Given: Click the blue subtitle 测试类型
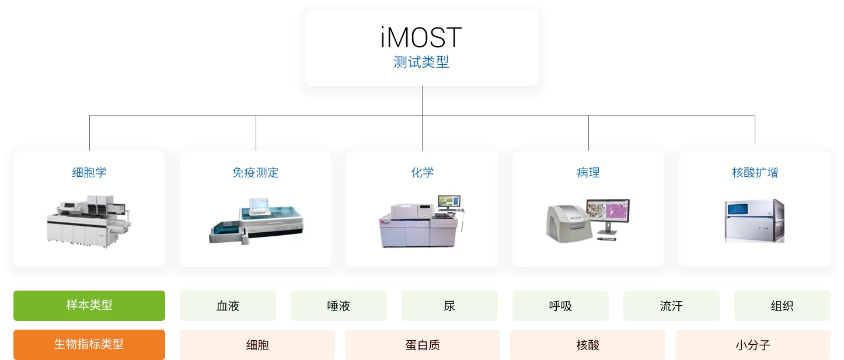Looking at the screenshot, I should (421, 62).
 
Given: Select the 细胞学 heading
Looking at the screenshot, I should (89, 173).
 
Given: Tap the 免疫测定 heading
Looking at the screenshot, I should (256, 173).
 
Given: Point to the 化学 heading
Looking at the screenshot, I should (422, 173).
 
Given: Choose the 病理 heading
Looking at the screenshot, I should (588, 173).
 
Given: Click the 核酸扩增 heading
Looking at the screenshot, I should (755, 173).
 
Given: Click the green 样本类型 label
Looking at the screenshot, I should (89, 305).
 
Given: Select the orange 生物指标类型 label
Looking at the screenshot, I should (89, 344).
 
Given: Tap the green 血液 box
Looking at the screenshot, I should (228, 306).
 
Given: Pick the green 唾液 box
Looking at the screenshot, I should (339, 306).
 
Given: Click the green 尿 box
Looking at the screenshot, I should (449, 306).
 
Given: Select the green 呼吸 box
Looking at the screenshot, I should (560, 306).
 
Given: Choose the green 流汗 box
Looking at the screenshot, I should (671, 306).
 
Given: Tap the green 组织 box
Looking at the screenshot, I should (782, 306).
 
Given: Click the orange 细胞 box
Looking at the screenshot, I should (257, 345).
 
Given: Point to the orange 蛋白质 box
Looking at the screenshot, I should (422, 345).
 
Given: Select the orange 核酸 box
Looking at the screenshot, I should (587, 345).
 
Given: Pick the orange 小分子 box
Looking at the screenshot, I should (752, 345).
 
